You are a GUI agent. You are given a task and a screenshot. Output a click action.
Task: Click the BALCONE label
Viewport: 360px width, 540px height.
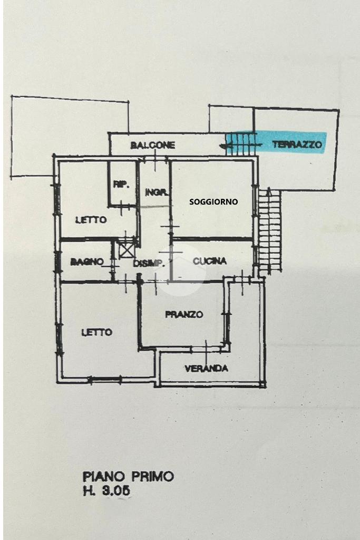click(x=152, y=145)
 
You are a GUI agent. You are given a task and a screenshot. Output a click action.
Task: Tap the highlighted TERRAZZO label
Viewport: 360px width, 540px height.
click(x=297, y=143)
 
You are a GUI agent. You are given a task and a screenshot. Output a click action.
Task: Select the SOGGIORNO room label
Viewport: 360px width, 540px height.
click(x=213, y=201)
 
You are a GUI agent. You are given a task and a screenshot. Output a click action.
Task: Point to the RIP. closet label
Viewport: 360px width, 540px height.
click(x=121, y=185)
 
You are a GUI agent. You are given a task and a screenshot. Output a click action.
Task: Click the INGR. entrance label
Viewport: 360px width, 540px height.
click(x=157, y=193)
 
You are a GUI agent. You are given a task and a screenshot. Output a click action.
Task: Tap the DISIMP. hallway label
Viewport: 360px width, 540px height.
click(x=145, y=263)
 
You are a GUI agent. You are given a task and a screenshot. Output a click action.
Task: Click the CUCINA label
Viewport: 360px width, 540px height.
click(x=209, y=261)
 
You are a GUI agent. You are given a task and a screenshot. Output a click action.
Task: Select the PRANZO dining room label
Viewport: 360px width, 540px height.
click(x=184, y=314)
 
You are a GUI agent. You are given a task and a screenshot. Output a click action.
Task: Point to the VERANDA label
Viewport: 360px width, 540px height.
click(x=206, y=369)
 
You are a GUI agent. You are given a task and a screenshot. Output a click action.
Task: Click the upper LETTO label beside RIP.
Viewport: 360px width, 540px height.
click(x=91, y=220)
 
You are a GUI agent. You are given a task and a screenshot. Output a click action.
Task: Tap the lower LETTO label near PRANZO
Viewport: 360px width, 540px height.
click(x=96, y=332)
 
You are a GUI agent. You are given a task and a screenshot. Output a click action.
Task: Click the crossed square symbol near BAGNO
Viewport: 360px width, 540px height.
click(x=126, y=248)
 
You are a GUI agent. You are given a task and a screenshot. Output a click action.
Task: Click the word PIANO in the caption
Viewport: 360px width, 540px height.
click(x=103, y=476)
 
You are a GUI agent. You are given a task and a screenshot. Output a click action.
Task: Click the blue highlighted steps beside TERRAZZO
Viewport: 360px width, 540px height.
click(x=240, y=143)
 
